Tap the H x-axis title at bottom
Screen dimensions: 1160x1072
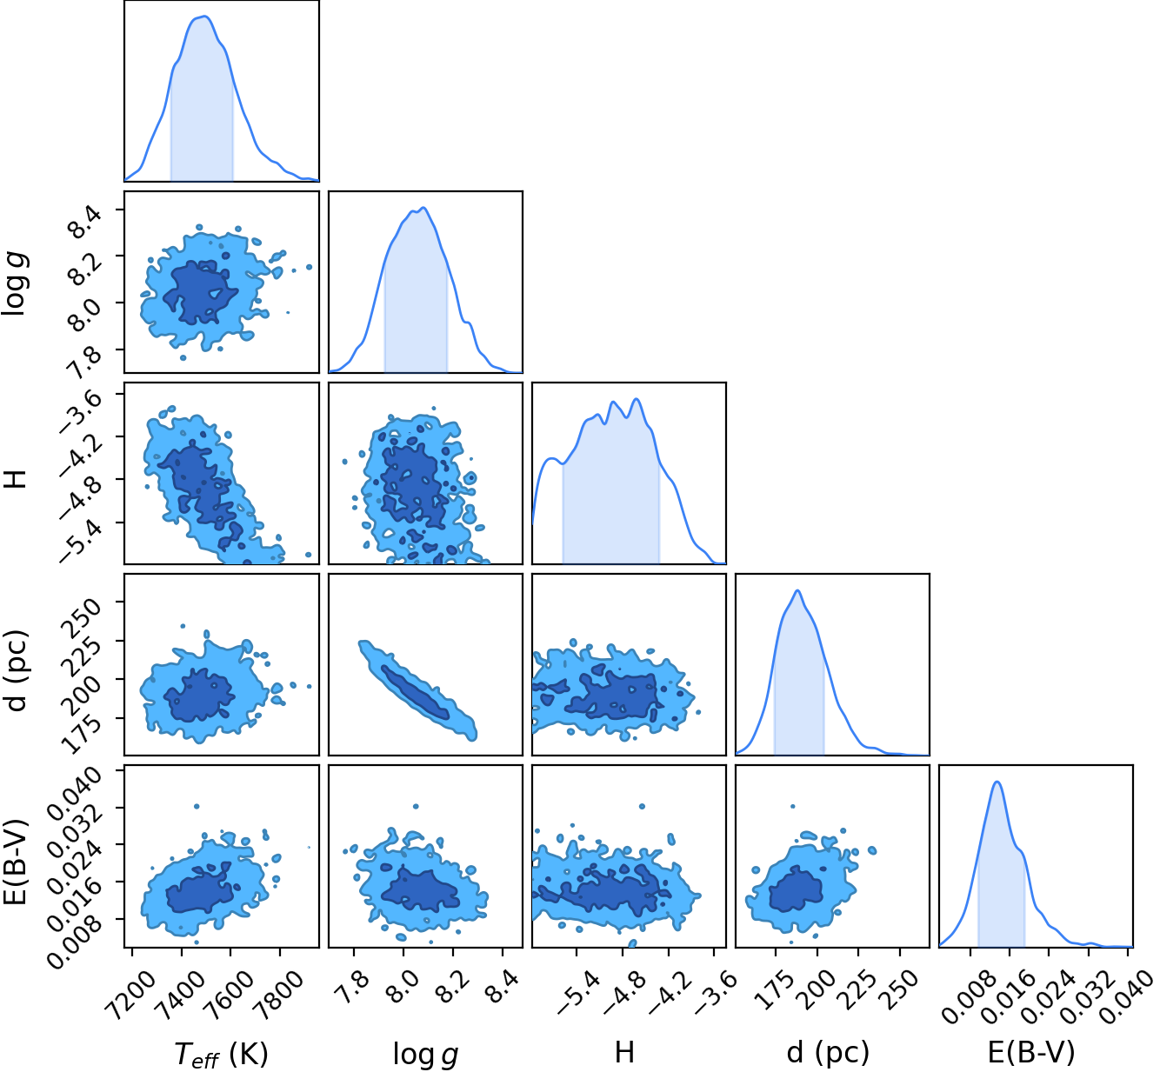tap(623, 1052)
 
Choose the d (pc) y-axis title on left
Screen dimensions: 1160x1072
tap(16, 670)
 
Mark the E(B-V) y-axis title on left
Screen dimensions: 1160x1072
tap(16, 862)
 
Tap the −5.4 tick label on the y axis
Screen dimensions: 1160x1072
tap(81, 541)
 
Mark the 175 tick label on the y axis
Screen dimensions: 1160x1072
tap(81, 735)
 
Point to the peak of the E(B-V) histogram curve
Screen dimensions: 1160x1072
tap(997, 782)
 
